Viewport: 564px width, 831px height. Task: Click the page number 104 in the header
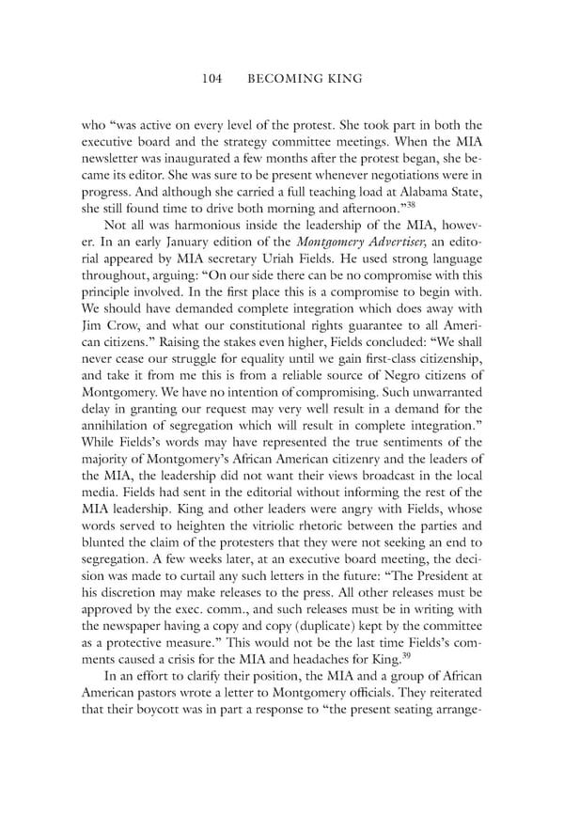click(211, 80)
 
